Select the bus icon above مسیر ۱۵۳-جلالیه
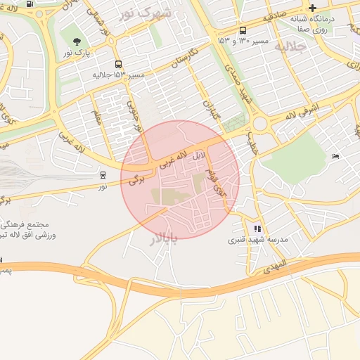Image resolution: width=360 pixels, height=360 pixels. pos(118,63)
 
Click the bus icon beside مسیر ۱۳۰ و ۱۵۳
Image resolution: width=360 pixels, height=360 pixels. pos(243,31)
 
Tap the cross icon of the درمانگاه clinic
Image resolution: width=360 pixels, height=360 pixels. pos(312,8)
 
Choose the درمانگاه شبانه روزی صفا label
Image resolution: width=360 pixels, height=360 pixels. pos(312,25)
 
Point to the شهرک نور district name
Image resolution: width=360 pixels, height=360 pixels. pos(145,13)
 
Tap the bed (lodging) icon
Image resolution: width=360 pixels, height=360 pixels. pos(335,156)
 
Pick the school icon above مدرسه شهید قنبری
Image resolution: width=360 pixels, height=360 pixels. pos(257,229)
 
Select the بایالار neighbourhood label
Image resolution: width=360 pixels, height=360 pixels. pos(164,238)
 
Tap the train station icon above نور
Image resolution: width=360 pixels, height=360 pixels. pos(103,175)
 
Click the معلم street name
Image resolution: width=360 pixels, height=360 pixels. pos(96,115)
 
